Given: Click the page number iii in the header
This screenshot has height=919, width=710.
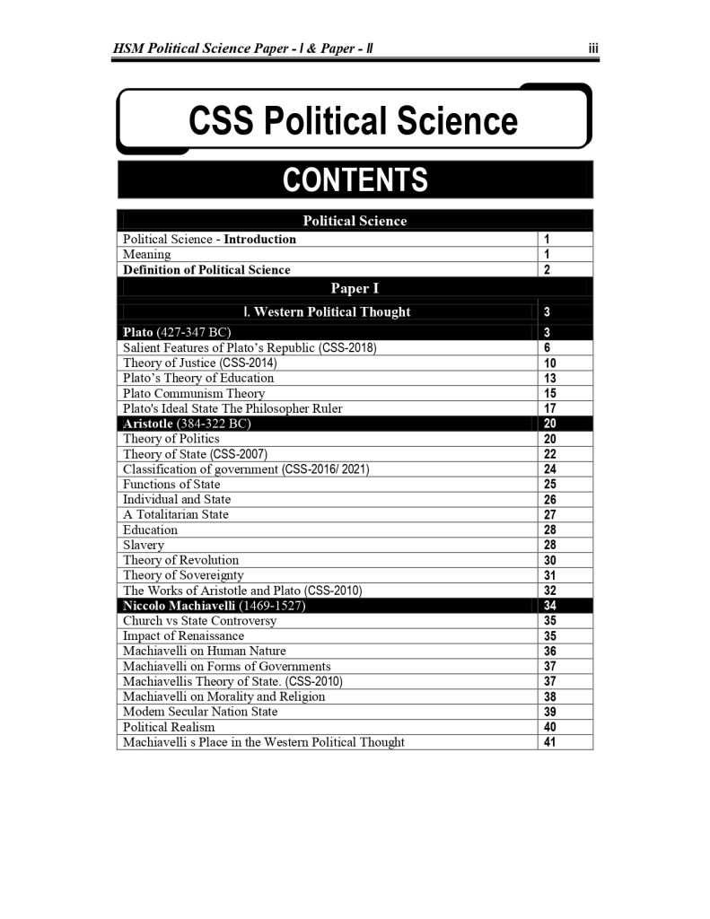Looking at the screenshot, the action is tap(593, 51).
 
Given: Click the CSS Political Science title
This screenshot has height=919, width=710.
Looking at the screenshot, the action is tap(353, 120).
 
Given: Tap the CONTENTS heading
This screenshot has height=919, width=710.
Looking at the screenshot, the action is tap(355, 180).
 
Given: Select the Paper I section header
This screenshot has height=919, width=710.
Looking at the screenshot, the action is tap(355, 288).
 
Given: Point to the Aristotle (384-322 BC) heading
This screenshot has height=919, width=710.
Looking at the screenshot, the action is tap(186, 424).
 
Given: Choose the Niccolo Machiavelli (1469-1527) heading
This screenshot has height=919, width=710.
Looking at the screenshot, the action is tap(212, 606).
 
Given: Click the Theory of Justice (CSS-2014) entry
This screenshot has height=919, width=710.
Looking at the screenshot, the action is tap(199, 363).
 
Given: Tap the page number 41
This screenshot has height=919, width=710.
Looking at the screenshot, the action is tap(550, 742).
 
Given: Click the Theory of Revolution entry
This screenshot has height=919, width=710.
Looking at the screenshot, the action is tap(180, 560).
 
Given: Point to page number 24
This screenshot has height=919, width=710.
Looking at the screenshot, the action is tap(550, 469).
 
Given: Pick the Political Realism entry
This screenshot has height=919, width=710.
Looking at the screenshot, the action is tap(169, 727).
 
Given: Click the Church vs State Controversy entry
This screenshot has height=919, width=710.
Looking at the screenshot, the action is tap(199, 620).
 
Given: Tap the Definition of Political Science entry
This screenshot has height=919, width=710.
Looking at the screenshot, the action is tap(206, 269).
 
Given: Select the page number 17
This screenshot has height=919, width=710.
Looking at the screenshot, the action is tap(550, 408).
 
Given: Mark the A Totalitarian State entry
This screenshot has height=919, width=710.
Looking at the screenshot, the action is tap(176, 514).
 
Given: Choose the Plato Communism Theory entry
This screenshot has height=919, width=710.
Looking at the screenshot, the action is tap(194, 393).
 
